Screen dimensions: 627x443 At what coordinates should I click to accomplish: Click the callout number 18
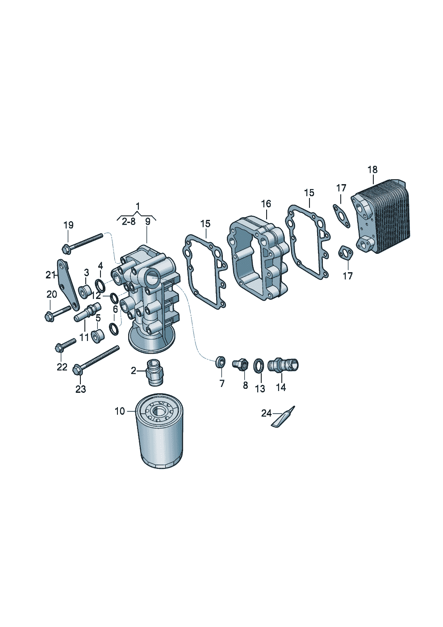point(372,170)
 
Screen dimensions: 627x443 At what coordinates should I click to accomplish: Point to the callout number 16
point(266,204)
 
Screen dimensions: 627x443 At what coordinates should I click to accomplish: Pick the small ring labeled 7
point(220,362)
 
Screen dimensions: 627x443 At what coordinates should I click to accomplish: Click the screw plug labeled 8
point(240,364)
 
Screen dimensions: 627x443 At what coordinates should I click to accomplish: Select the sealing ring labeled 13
point(259,366)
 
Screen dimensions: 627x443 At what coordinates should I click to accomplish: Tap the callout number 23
point(80,389)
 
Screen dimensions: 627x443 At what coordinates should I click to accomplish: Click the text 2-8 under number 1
point(128,221)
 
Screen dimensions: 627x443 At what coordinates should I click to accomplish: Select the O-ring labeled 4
point(100,285)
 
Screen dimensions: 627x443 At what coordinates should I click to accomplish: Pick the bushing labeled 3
point(84,291)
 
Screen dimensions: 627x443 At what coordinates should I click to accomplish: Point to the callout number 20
point(52,295)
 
